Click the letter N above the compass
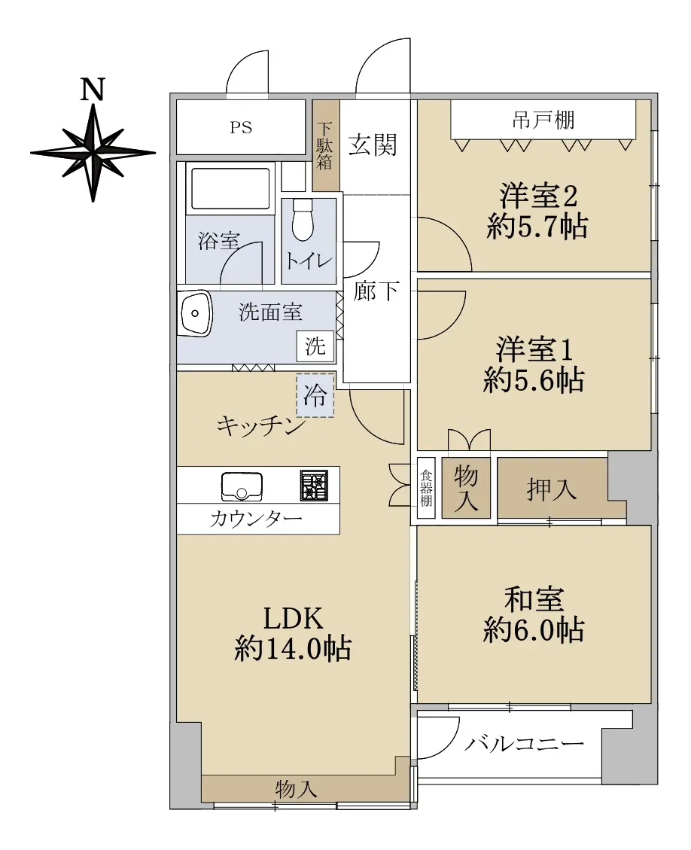coord(93,90)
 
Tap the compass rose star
coord(93,152)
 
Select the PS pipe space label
coord(241,127)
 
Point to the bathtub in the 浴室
coord(230,188)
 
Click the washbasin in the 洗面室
coord(196,314)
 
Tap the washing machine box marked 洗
coord(315,346)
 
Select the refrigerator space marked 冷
coord(315,395)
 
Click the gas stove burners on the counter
coord(314,485)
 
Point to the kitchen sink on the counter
coord(242,487)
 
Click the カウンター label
coord(256,519)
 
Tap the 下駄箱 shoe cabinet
coord(326,145)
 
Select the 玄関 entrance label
coord(373,145)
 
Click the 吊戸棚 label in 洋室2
coord(543,120)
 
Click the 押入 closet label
coord(551,490)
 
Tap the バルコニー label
coord(524,742)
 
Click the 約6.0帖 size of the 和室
coord(534,630)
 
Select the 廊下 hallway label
coord(376,291)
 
